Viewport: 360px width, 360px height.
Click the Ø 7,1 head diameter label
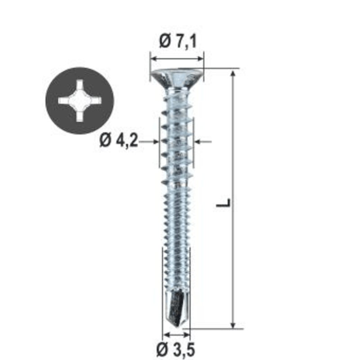[178, 42]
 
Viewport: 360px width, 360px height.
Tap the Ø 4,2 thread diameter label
[119, 140]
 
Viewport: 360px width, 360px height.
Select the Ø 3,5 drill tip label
[175, 350]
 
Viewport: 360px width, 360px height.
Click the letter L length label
[223, 202]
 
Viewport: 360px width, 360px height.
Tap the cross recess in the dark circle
[80, 100]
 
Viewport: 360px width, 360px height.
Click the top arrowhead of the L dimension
[233, 73]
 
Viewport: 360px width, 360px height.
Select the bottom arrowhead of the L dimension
[233, 325]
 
